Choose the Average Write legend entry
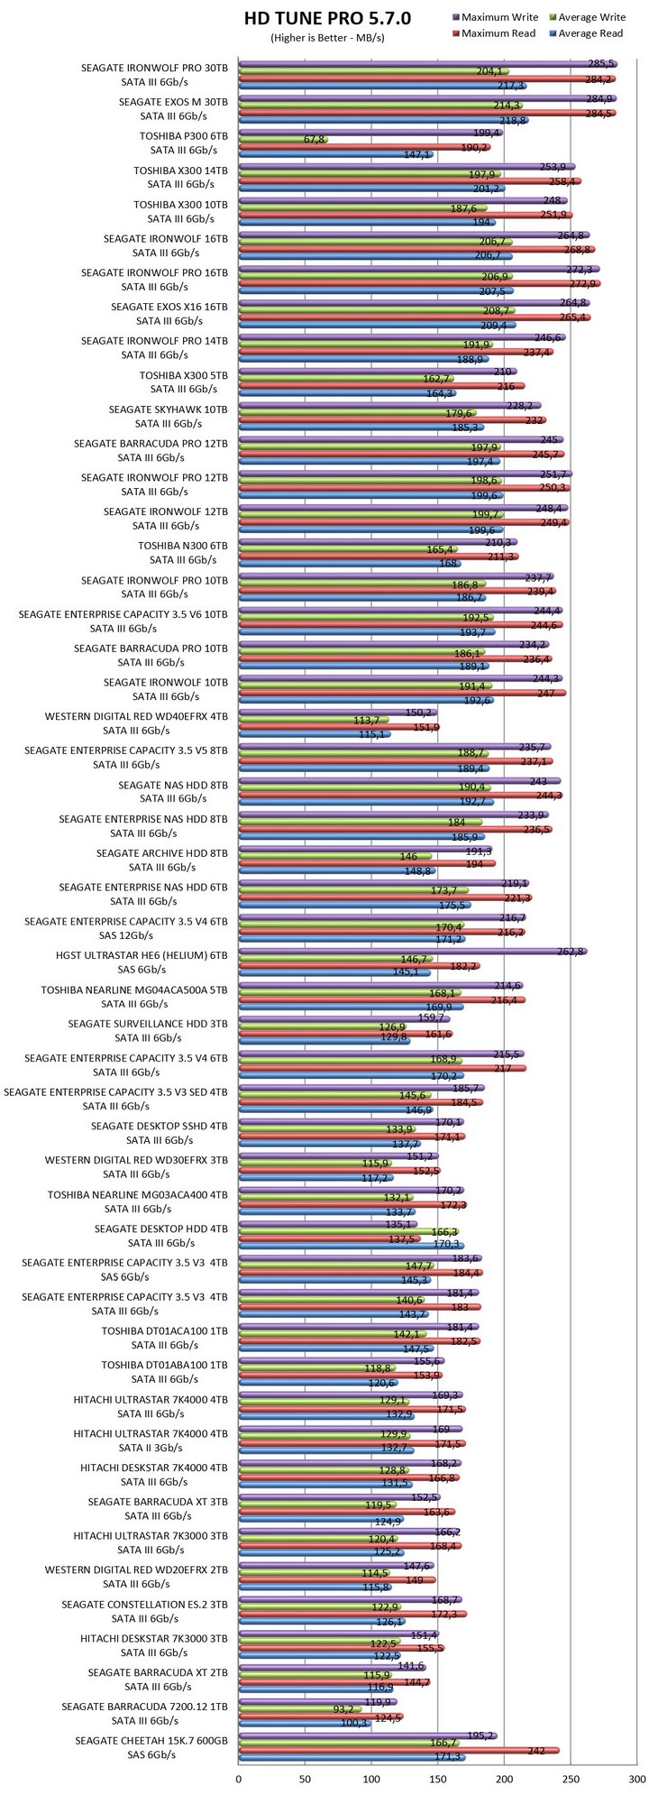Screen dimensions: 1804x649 click(x=591, y=17)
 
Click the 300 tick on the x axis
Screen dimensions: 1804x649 click(x=637, y=1779)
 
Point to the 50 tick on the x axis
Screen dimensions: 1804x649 click(x=306, y=1779)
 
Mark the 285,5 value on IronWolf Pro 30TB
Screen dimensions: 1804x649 click(x=601, y=63)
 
